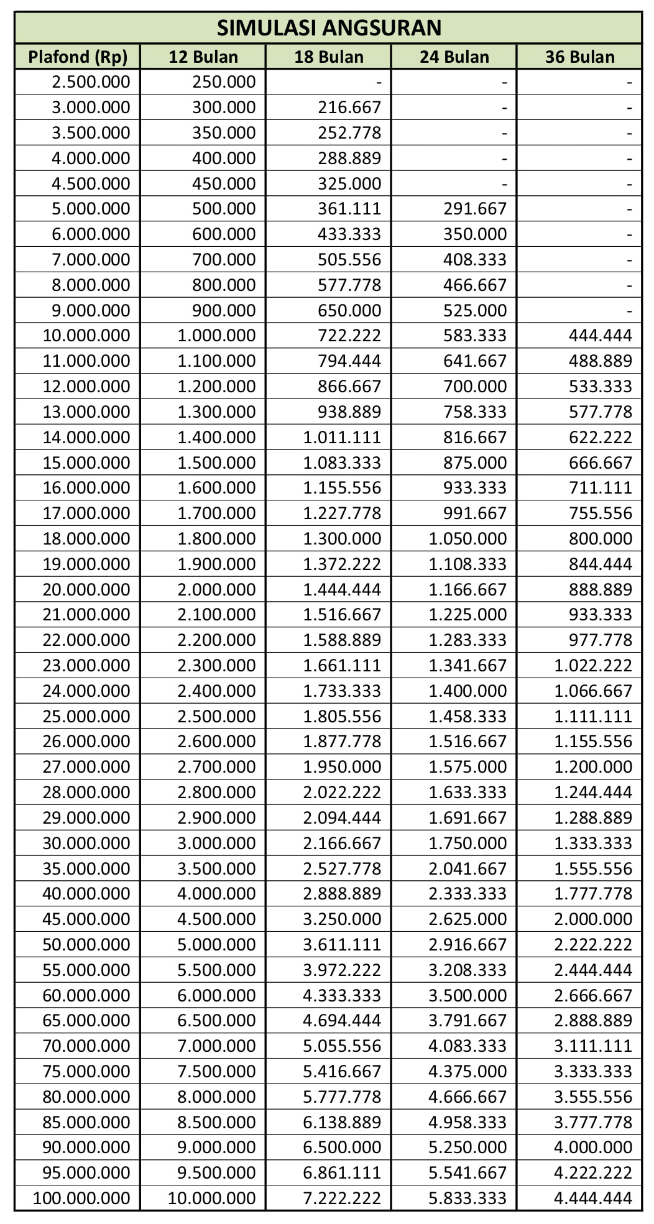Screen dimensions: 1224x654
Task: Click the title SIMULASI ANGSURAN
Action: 329,27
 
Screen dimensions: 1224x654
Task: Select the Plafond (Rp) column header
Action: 78,57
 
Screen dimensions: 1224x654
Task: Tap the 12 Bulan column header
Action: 203,57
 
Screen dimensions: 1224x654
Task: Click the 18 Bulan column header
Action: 329,57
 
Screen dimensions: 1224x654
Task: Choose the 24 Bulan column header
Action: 454,57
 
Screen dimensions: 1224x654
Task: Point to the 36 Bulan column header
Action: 580,57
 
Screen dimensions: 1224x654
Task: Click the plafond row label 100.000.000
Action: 81,1198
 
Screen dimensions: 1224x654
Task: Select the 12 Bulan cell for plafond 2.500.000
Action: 224,81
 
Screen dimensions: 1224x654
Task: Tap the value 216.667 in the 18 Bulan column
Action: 349,107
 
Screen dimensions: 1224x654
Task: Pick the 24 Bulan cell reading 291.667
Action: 475,208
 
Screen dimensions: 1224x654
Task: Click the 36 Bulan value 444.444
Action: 601,335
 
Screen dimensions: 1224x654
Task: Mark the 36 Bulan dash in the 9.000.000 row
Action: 629,310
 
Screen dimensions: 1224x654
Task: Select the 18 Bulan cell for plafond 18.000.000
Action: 342,538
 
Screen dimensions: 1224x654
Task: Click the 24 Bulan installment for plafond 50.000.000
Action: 467,944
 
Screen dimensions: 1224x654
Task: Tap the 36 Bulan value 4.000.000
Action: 593,1147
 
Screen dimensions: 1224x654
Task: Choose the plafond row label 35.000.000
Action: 86,868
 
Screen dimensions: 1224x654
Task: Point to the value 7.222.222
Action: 342,1198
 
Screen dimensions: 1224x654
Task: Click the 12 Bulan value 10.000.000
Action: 212,1198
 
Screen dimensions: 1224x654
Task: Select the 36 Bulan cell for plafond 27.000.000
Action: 593,766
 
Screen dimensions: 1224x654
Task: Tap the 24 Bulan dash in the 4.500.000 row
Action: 504,183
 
